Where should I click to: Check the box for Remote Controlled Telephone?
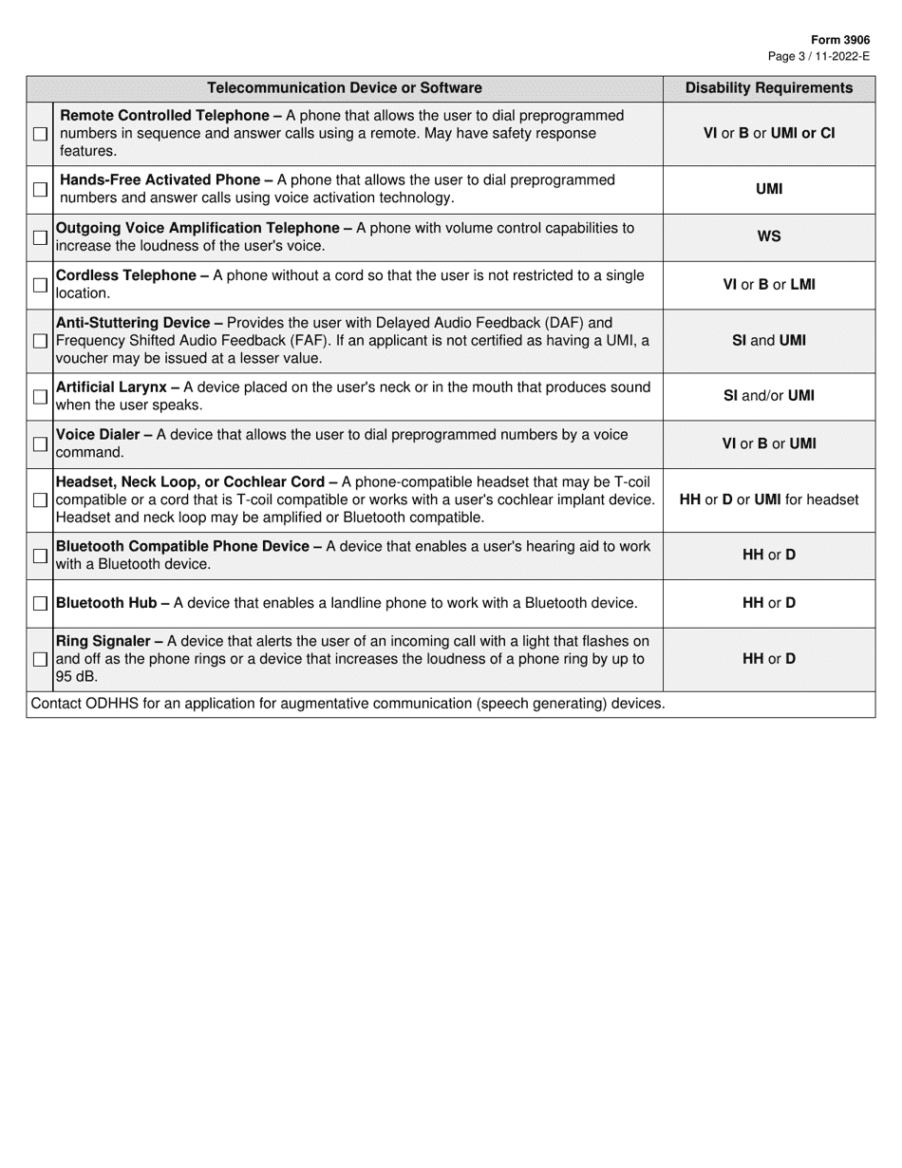click(x=40, y=134)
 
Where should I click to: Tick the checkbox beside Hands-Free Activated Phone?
click(x=40, y=190)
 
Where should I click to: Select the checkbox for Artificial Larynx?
click(x=40, y=397)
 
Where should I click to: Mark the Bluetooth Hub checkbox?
click(x=40, y=604)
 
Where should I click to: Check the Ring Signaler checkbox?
click(x=40, y=659)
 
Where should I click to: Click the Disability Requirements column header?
click(x=768, y=88)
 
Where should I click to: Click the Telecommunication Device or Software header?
click(x=345, y=88)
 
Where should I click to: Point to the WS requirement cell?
click(x=768, y=236)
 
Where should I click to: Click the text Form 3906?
click(x=839, y=40)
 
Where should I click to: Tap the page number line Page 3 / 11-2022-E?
click(x=818, y=56)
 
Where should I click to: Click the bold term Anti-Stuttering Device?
click(x=133, y=323)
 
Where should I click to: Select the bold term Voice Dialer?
click(x=98, y=435)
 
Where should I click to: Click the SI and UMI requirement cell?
click(x=768, y=340)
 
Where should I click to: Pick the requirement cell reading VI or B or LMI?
click(x=768, y=285)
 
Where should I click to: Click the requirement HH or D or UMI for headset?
click(x=768, y=499)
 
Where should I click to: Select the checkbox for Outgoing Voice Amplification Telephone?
click(x=40, y=237)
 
